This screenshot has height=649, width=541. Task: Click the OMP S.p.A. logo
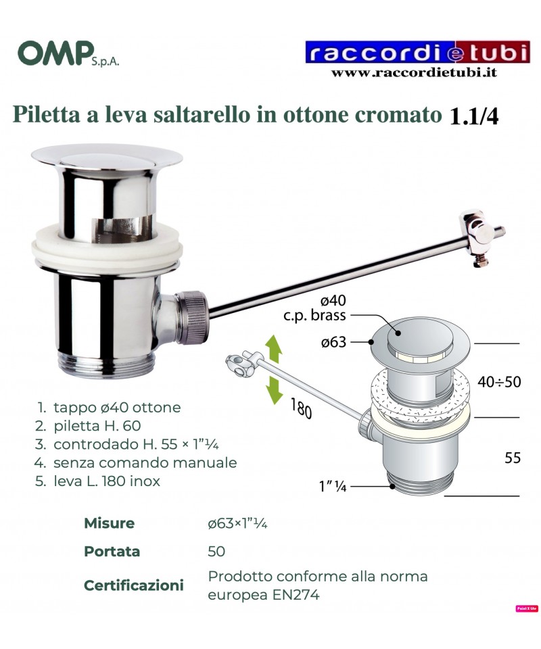tap(68, 53)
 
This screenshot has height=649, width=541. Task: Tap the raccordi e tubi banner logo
tap(418, 52)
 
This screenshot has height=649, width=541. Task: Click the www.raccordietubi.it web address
tap(414, 73)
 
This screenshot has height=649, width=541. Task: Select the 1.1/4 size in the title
tap(473, 116)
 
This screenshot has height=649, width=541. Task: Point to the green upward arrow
tap(274, 349)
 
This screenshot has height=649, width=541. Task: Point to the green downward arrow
tap(274, 389)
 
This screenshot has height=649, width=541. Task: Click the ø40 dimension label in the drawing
tap(333, 300)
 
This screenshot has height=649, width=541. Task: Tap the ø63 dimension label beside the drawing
tap(333, 342)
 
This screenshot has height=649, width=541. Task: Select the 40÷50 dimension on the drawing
tap(499, 381)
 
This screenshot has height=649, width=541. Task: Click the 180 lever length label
tap(302, 408)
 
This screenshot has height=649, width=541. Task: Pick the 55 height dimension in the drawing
tap(513, 458)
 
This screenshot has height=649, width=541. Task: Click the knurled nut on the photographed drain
tap(192, 318)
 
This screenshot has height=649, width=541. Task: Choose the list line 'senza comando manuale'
tap(136, 462)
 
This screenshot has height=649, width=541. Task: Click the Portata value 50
tap(216, 552)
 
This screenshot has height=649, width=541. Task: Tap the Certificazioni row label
tap(134, 585)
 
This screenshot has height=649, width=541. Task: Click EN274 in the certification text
tap(296, 595)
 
